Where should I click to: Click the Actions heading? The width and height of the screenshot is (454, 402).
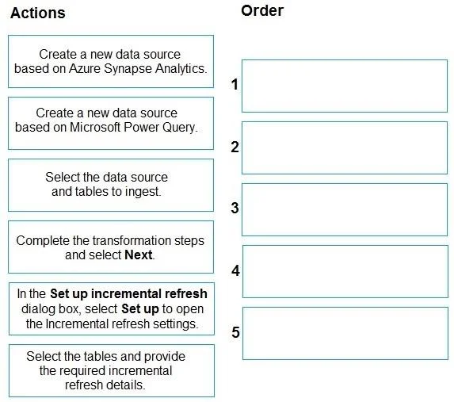[x=38, y=13]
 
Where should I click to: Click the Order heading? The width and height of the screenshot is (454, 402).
[x=262, y=11]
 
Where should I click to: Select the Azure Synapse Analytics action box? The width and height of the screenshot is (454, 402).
[x=111, y=61]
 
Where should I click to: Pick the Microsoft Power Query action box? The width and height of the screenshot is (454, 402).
[x=111, y=123]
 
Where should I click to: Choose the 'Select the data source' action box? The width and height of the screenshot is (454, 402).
[x=111, y=185]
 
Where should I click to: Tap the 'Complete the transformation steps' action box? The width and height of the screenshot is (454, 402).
[x=111, y=247]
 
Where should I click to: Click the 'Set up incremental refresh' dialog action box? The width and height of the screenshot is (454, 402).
[x=112, y=308]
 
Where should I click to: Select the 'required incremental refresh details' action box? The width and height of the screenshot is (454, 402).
[x=112, y=371]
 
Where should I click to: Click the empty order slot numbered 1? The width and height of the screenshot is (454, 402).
[x=345, y=86]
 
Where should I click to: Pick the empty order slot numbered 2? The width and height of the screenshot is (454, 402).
[x=345, y=147]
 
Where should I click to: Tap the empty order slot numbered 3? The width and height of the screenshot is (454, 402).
[x=345, y=209]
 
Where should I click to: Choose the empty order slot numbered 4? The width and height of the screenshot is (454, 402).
[x=345, y=272]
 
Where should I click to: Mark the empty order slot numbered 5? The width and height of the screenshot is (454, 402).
[x=345, y=333]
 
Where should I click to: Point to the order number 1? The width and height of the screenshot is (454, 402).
[x=235, y=84]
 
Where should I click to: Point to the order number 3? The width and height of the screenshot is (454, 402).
[x=235, y=208]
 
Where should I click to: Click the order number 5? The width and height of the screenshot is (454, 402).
[x=235, y=332]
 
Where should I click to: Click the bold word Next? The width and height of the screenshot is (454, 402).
[x=139, y=255]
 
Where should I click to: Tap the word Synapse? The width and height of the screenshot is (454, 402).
[x=128, y=69]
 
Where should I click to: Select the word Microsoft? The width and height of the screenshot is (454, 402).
[x=95, y=127]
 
